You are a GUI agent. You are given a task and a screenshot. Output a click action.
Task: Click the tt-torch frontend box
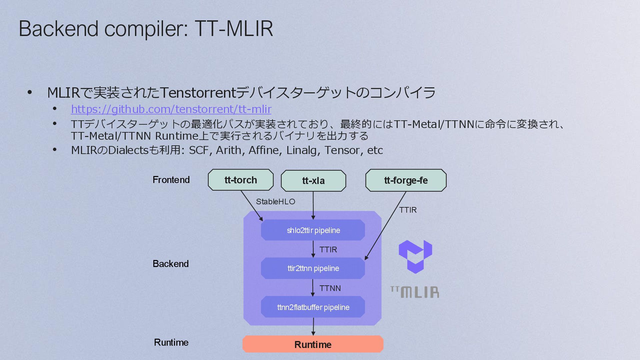[x=241, y=180]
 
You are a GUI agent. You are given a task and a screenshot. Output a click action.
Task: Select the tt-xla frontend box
[x=313, y=181]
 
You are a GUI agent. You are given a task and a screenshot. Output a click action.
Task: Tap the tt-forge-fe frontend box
[x=406, y=180]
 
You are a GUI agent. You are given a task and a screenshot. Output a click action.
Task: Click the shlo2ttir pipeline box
[x=313, y=230]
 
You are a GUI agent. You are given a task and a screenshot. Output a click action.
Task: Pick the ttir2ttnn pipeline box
[x=313, y=268]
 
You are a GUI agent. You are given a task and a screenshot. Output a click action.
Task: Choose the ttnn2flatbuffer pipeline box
[x=313, y=307]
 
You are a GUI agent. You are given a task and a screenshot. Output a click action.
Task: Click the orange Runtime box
[x=313, y=344]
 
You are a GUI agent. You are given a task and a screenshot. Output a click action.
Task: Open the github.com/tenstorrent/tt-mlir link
[x=171, y=109]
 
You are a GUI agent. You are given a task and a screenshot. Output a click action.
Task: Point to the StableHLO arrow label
[x=275, y=202]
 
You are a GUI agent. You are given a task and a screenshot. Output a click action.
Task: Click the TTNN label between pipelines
[x=330, y=288]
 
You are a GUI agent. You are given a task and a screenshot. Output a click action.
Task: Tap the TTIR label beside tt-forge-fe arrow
[x=408, y=210]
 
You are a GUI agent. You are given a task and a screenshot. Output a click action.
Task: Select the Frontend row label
[x=171, y=180]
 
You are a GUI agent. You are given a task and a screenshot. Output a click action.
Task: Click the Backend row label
[x=171, y=264]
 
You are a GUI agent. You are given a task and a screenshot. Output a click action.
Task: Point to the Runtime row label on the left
[x=171, y=343]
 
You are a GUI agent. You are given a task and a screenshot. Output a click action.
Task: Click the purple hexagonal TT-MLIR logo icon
[x=415, y=256]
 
